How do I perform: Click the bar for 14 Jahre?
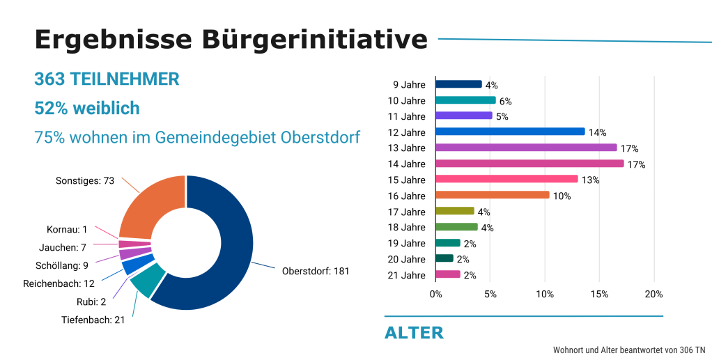[529, 164]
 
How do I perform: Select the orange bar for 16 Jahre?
[492, 195]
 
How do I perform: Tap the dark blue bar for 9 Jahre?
[458, 84]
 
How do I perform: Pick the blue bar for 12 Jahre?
[510, 132]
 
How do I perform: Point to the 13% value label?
[590, 180]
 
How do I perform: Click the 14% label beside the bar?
[597, 132]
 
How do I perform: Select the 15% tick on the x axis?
[599, 295]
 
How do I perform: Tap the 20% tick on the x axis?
[653, 295]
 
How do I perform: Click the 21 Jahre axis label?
[406, 275]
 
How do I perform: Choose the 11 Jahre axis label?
[406, 116]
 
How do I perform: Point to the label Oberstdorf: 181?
[315, 271]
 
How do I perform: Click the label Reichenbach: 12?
[59, 283]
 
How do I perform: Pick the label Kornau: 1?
[67, 229]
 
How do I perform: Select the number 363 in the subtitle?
[49, 79]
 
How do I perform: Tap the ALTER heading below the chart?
[414, 333]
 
